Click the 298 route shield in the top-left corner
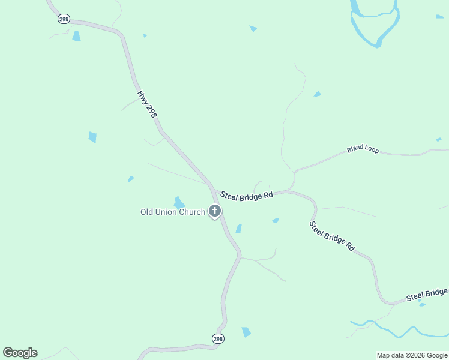tap(64, 19)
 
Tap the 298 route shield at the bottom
tap(218, 339)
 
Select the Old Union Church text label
tap(173, 212)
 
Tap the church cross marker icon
tap(215, 211)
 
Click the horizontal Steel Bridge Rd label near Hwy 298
tap(247, 196)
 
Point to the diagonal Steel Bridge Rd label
tap(332, 236)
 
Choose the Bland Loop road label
tap(363, 149)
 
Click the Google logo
tap(20, 353)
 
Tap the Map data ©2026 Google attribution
tap(412, 355)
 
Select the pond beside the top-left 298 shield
tap(76, 36)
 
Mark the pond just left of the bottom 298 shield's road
tap(246, 332)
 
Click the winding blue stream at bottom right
tap(396, 331)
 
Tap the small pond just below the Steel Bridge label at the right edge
tap(422, 305)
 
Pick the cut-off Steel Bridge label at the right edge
tap(427, 294)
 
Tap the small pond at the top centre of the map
tap(253, 28)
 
